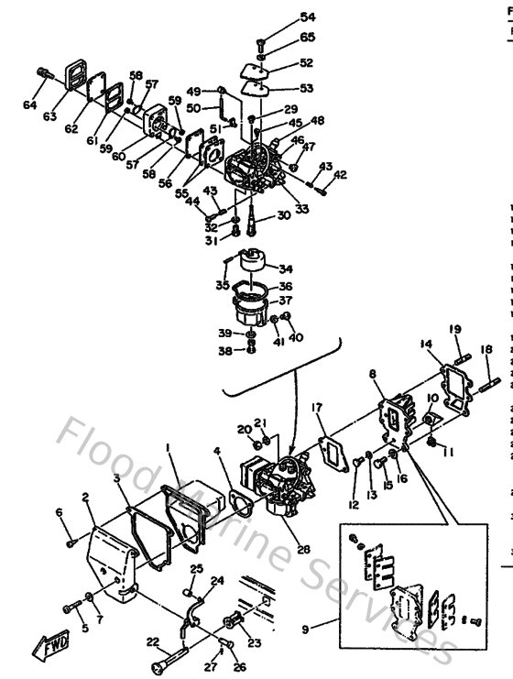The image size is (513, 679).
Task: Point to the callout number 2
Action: tap(84, 497)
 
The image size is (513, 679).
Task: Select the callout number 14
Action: tap(425, 345)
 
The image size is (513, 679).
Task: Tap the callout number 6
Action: tap(60, 511)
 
